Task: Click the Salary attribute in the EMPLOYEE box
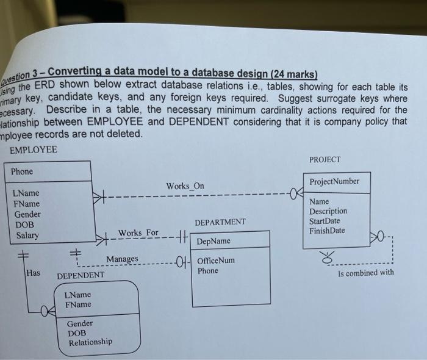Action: tap(27, 236)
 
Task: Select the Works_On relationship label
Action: tap(185, 185)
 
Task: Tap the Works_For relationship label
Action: tap(138, 233)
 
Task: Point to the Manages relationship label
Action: tap(122, 260)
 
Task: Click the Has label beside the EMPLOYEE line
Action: tap(33, 273)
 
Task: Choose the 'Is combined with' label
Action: tap(365, 273)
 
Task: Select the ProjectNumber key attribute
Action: tap(334, 182)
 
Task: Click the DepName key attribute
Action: tap(213, 242)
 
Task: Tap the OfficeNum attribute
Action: tap(215, 261)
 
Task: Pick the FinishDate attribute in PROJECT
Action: tap(327, 231)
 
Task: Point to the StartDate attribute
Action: tap(325, 221)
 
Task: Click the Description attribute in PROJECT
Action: tap(328, 211)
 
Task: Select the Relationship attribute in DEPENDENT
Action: tap(90, 342)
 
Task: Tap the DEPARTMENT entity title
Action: tap(220, 222)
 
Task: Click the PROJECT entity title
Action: tap(325, 160)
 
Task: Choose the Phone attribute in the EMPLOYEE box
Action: tap(23, 171)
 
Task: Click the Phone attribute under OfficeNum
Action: tap(207, 271)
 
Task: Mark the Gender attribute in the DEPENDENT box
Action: tap(80, 323)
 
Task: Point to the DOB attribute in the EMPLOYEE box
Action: tap(23, 225)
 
